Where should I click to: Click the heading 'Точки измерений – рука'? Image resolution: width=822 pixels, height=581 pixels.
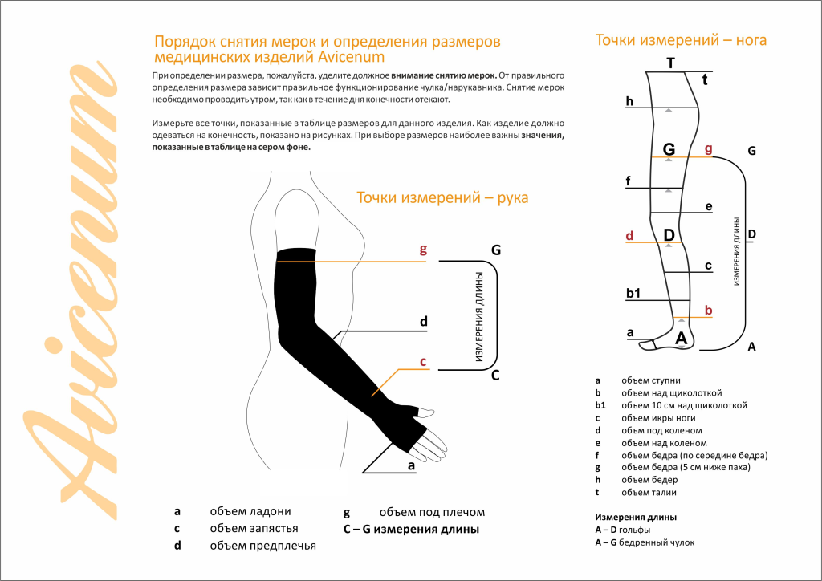(442, 197)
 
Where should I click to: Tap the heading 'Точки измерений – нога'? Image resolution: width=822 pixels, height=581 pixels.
(680, 39)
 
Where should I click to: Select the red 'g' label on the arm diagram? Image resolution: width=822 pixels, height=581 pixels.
(423, 250)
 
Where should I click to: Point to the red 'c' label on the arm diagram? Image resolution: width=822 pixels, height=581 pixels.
(423, 361)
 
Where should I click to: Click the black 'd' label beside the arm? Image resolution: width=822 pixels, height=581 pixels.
(423, 322)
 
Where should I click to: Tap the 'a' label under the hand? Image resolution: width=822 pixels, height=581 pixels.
(411, 465)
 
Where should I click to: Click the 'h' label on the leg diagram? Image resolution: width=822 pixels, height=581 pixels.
(630, 101)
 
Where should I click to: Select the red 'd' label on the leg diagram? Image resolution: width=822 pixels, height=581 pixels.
(629, 236)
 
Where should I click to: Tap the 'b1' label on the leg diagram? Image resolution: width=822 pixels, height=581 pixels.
(633, 294)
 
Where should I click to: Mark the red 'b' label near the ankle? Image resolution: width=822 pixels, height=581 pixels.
(707, 310)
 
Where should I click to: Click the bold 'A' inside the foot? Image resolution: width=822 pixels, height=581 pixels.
(681, 339)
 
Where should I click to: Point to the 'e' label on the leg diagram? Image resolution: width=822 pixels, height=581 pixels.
(708, 206)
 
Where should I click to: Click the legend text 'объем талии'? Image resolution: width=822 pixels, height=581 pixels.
(649, 493)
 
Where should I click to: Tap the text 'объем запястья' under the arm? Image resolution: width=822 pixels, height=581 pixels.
(254, 529)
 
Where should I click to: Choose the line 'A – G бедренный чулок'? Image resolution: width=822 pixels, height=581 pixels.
(645, 542)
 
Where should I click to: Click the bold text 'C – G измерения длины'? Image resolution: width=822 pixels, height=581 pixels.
(405, 530)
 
